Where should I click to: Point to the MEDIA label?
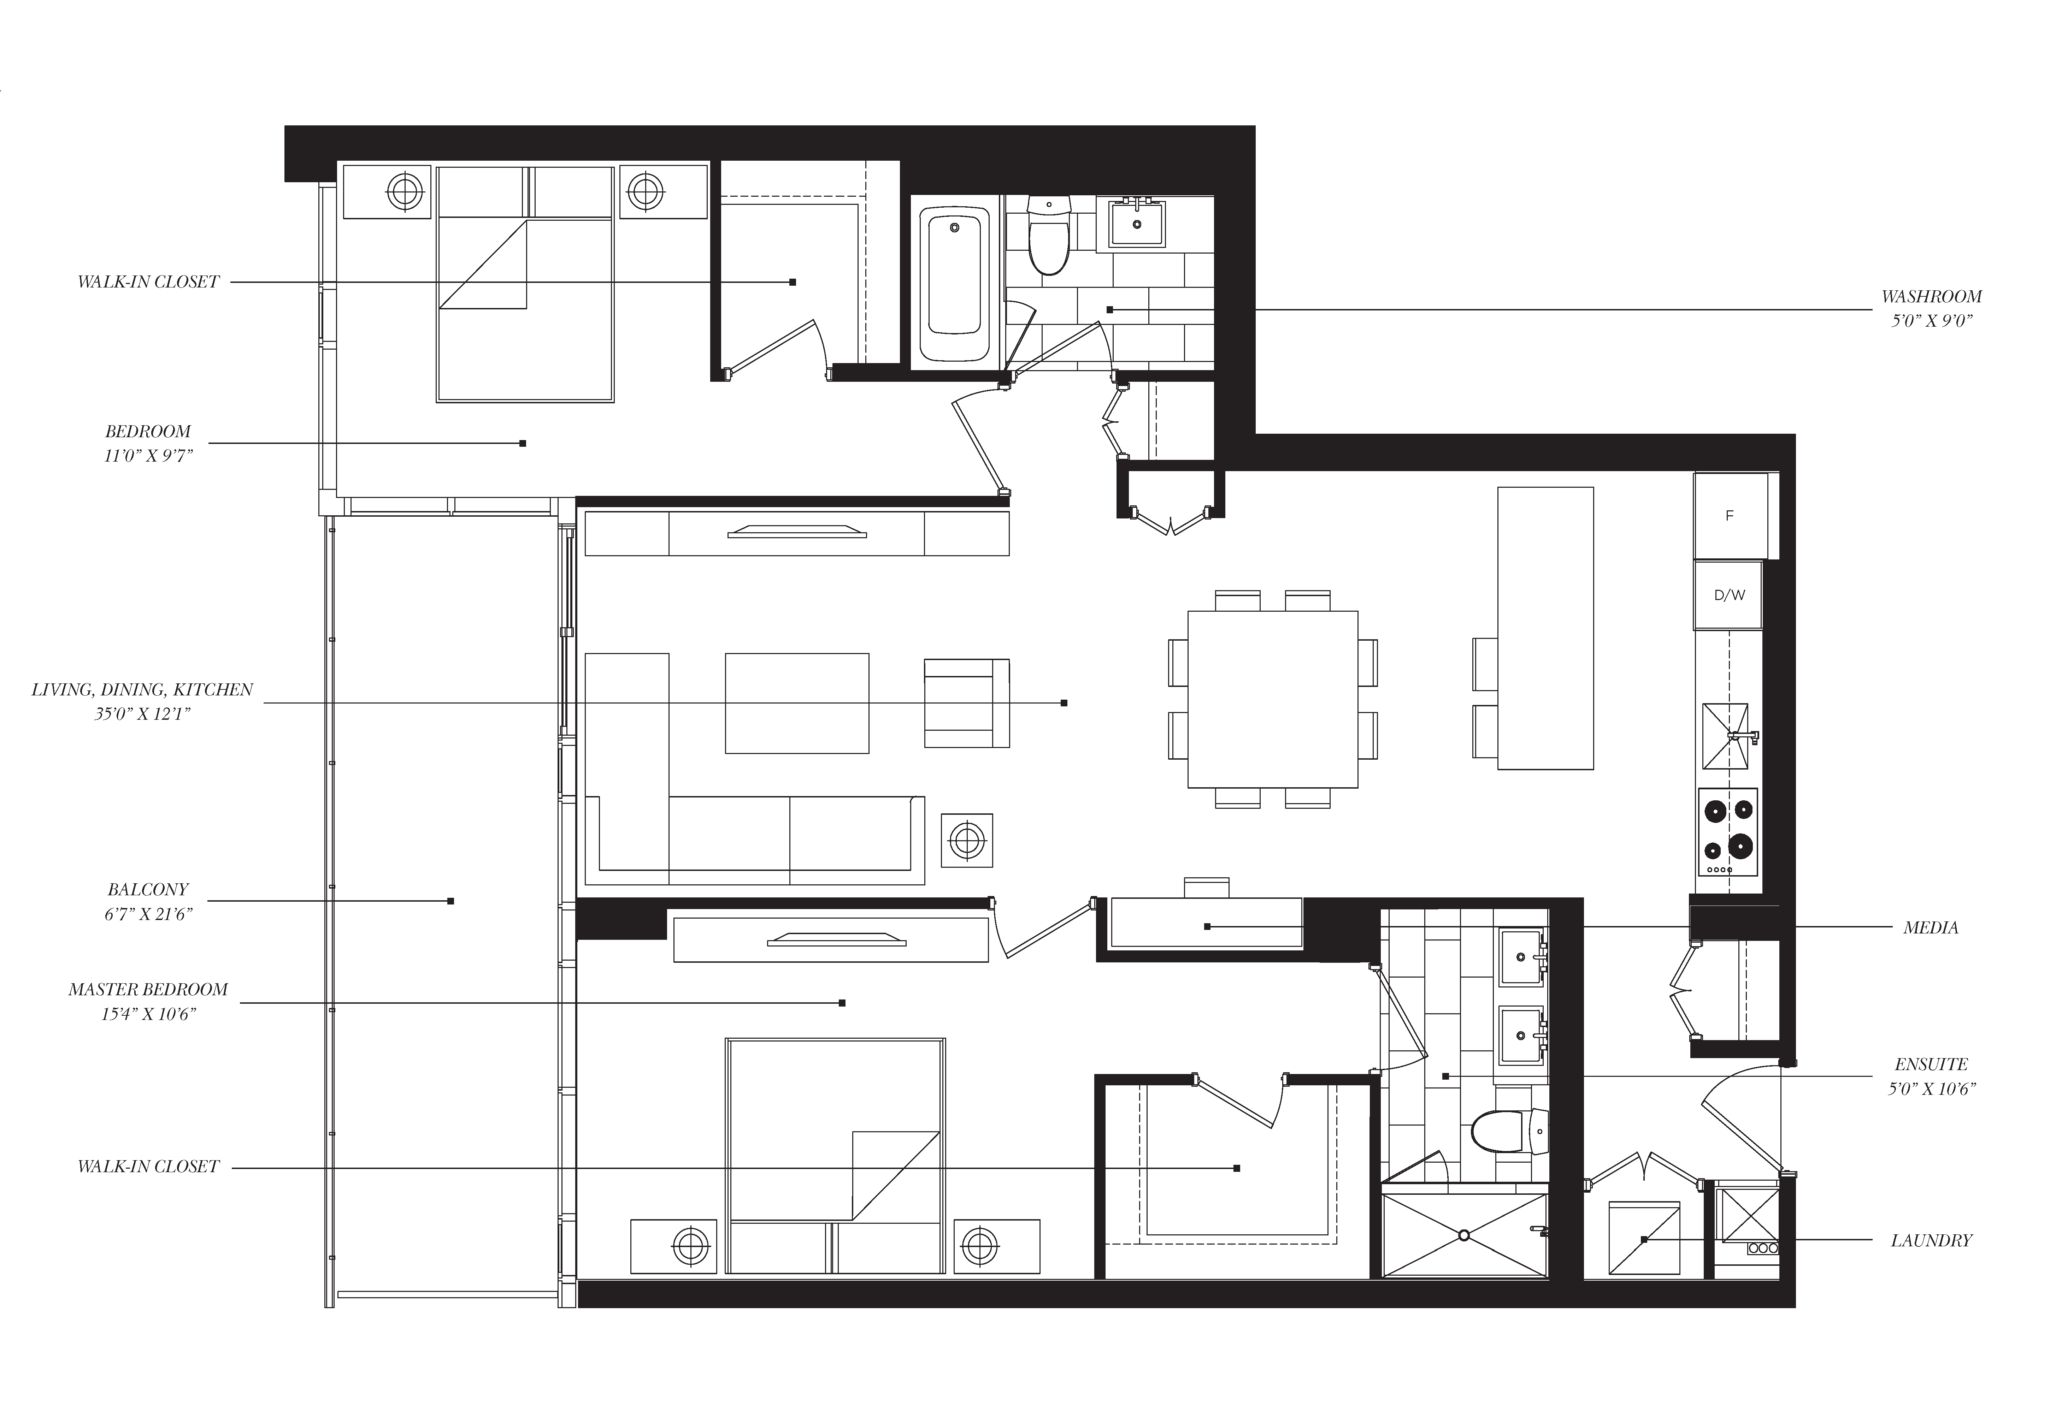(x=1930, y=927)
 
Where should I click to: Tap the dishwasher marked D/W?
(x=1728, y=595)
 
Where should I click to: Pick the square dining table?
(x=1272, y=699)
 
